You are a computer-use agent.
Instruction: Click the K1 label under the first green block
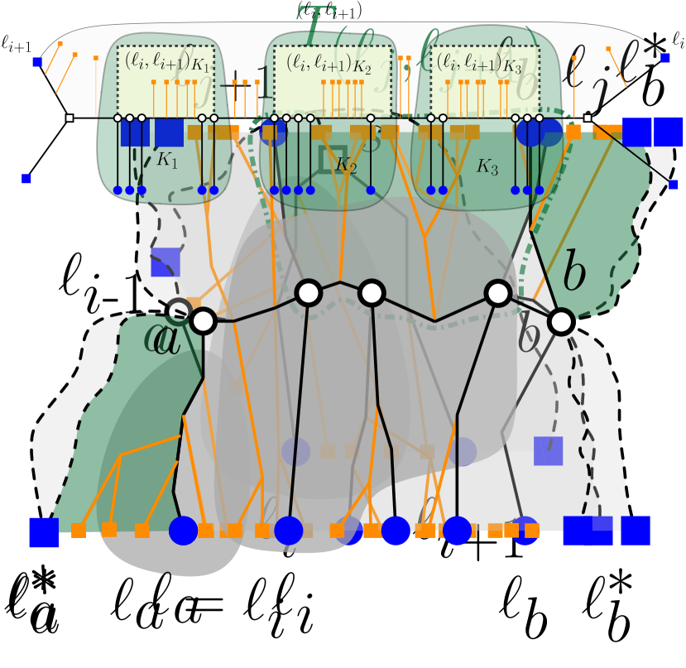167,161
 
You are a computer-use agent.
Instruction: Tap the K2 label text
346,166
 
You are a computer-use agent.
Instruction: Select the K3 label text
487,166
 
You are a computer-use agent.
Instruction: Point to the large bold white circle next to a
203,321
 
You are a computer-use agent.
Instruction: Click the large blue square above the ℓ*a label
44,532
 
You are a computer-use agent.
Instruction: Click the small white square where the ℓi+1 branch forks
70,118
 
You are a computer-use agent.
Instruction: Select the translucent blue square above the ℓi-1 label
166,262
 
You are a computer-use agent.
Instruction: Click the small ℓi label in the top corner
678,39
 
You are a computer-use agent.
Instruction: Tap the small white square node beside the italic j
587,118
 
